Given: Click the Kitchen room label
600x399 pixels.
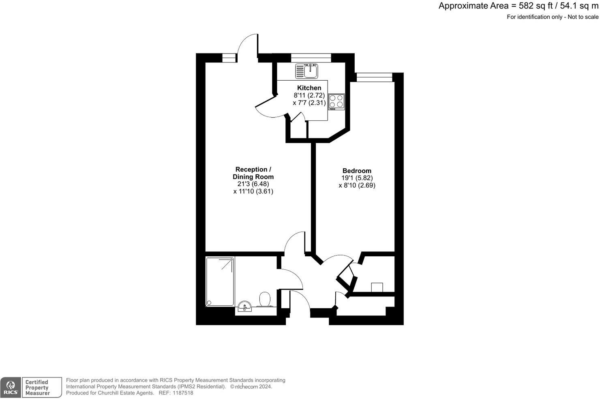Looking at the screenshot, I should (x=309, y=88).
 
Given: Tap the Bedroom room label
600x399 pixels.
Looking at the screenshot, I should (x=357, y=171).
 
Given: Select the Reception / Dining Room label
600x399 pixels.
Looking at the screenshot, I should (x=253, y=173).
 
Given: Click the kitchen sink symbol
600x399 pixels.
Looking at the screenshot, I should (x=307, y=71).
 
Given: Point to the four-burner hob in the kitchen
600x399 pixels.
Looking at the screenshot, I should (x=336, y=102).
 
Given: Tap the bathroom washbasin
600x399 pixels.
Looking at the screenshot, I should (x=245, y=307).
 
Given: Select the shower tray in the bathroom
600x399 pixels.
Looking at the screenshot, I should (x=220, y=281).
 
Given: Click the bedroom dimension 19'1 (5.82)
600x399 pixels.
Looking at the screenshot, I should (x=357, y=178).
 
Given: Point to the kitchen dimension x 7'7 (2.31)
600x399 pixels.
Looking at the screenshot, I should (x=309, y=103).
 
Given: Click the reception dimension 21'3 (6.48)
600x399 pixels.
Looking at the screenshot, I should (x=253, y=184).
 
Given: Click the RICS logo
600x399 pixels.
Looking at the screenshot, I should (x=11, y=388).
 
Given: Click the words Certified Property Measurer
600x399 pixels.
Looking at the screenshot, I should (x=37, y=388).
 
